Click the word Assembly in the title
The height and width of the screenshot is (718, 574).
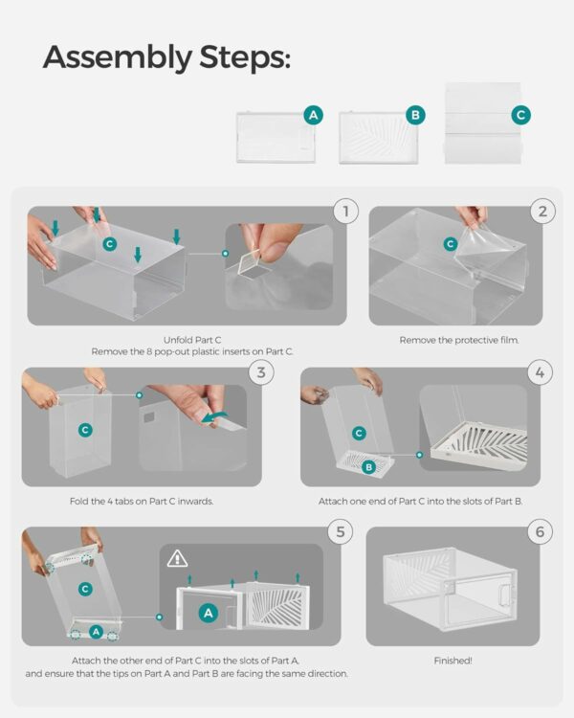(x=117, y=57)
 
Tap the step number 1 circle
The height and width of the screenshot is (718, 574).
(x=345, y=212)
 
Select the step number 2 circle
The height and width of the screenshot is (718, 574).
(x=542, y=212)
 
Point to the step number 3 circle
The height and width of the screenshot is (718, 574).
(x=261, y=371)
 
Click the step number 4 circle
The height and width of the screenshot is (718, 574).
(x=541, y=371)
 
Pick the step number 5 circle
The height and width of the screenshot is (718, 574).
(x=341, y=531)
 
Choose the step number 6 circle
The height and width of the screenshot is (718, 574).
(x=541, y=531)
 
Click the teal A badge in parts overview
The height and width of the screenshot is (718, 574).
(x=314, y=115)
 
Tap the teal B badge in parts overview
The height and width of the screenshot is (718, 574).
(x=415, y=115)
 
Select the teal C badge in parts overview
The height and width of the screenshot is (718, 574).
(x=520, y=115)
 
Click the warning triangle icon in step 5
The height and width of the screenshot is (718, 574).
(x=177, y=559)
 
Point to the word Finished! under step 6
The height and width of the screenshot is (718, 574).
(x=453, y=661)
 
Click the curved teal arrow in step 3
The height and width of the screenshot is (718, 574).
(x=215, y=416)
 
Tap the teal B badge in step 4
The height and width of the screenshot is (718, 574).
(x=368, y=467)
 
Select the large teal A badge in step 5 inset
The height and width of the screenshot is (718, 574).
(x=209, y=613)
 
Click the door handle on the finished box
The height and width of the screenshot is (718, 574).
(x=504, y=595)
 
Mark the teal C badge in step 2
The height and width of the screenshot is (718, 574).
(x=451, y=244)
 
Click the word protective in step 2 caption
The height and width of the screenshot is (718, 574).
(x=463, y=340)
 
